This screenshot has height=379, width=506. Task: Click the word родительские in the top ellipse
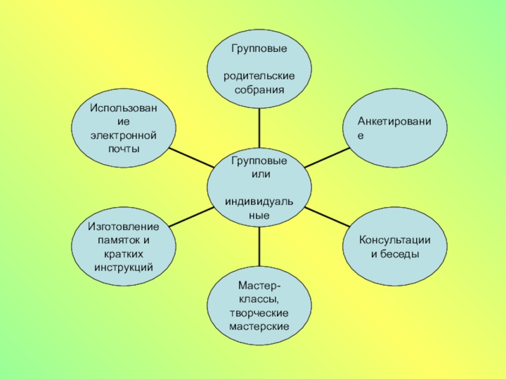click(259, 76)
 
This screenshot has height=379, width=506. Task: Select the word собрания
click(259, 90)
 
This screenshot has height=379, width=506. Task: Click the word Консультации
click(395, 241)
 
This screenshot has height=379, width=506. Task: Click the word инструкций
click(123, 268)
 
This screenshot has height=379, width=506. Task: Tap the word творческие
click(259, 313)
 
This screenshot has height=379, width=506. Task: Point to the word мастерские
click(259, 327)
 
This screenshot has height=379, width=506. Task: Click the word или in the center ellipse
click(259, 174)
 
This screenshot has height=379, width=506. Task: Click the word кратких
click(123, 255)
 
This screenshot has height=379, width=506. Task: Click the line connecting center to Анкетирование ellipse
click(328, 157)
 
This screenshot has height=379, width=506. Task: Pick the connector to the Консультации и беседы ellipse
click(328, 217)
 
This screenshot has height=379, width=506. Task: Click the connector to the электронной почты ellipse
click(192, 157)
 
